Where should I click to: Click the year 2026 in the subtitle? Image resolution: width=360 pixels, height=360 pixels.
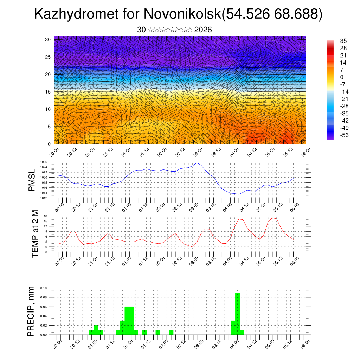pyautogui.click(x=203, y=30)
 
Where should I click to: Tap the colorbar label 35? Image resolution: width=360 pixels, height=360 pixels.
pyautogui.click(x=343, y=41)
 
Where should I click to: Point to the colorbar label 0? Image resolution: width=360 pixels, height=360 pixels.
pyautogui.click(x=342, y=77)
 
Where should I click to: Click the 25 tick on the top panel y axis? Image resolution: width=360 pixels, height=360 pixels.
pyautogui.click(x=48, y=57)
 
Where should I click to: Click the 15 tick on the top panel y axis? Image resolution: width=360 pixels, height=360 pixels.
pyautogui.click(x=48, y=92)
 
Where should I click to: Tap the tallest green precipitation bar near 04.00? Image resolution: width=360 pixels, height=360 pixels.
pyautogui.click(x=238, y=313)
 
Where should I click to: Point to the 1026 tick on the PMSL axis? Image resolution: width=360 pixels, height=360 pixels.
pyautogui.click(x=44, y=162)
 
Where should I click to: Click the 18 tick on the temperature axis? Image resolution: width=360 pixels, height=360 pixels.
pyautogui.click(x=46, y=216)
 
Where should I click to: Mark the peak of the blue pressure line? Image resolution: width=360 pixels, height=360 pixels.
pyautogui.click(x=197, y=163)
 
